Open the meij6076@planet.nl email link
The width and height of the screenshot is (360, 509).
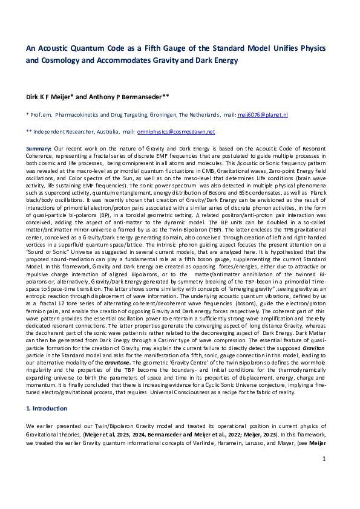pyautogui.click(x=263, y=114)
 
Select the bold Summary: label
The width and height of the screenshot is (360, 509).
pyautogui.click(x=40, y=148)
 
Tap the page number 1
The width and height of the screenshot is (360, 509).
pyautogui.click(x=324, y=476)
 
